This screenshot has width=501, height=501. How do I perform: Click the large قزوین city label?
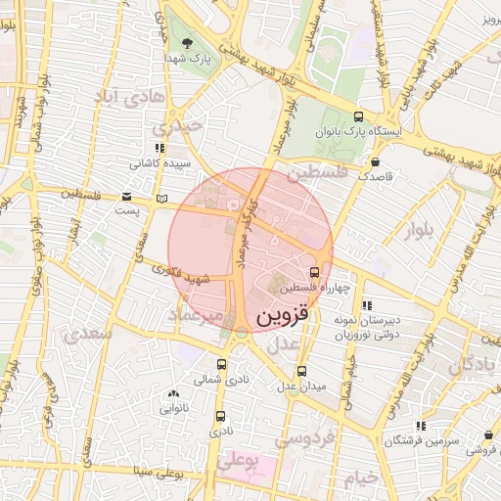[282, 318]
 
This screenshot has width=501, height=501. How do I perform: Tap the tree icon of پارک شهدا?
[187, 42]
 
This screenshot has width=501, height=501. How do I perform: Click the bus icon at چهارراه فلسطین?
[314, 272]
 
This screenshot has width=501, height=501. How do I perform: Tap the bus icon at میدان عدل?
[301, 371]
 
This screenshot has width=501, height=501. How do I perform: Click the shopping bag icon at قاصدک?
[375, 162]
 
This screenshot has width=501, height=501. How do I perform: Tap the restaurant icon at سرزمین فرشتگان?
[420, 426]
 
